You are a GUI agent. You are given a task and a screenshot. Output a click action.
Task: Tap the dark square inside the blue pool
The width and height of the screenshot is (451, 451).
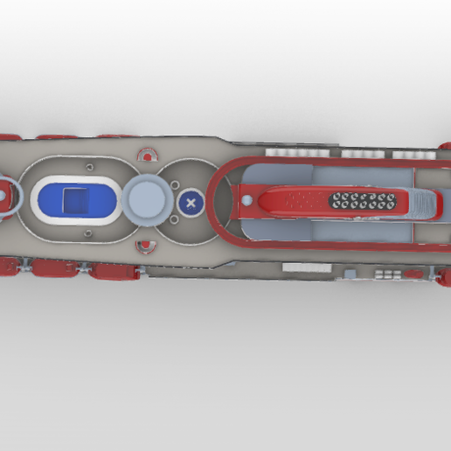click(x=77, y=202)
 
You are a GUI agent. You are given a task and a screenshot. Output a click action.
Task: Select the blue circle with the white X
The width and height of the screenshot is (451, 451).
click(x=191, y=204)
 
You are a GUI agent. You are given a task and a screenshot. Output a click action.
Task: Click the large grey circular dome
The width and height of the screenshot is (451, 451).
click(x=146, y=200)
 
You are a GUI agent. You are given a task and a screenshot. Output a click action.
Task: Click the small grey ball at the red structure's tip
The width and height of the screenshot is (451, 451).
click(x=246, y=200)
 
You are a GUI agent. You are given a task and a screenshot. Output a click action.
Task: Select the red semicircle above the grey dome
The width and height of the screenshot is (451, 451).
click(x=148, y=157)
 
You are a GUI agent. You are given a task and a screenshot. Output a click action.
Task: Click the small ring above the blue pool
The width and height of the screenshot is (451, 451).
click(x=89, y=165)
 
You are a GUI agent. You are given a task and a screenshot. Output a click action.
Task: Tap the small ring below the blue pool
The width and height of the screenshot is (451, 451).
click(x=89, y=232)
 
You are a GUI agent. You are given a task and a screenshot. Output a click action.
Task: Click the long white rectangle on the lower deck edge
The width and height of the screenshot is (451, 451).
click(x=307, y=267)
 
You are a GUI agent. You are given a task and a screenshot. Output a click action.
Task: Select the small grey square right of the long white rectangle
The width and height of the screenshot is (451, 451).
click(x=350, y=274)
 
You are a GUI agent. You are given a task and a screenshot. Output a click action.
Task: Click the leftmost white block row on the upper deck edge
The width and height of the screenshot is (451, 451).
click(x=282, y=152)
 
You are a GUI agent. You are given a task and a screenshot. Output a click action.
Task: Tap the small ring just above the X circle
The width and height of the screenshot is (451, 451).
click(x=175, y=184)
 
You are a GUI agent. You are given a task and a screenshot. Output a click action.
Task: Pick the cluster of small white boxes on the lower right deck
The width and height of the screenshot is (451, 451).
click(x=385, y=273)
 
